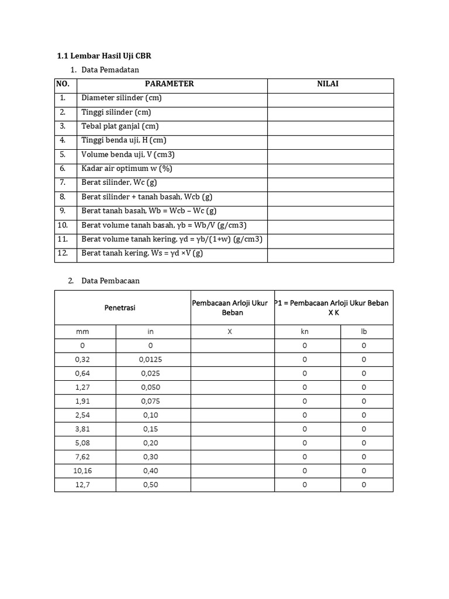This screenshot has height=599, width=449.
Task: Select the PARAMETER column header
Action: [x=169, y=84]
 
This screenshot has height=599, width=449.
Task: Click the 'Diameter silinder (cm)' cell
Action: [x=122, y=98]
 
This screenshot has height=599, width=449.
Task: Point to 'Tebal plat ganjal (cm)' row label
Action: [x=120, y=126]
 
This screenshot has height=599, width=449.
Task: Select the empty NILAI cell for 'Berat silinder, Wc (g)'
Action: [x=330, y=183]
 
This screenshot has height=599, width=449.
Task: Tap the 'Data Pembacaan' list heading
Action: [x=110, y=281]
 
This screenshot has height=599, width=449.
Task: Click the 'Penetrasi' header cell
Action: [x=120, y=308]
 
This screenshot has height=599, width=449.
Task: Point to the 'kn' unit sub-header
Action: [x=305, y=331]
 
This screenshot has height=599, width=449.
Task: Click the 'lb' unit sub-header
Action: [x=364, y=331]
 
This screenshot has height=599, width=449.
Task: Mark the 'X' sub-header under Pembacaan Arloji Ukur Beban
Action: [x=230, y=331]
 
